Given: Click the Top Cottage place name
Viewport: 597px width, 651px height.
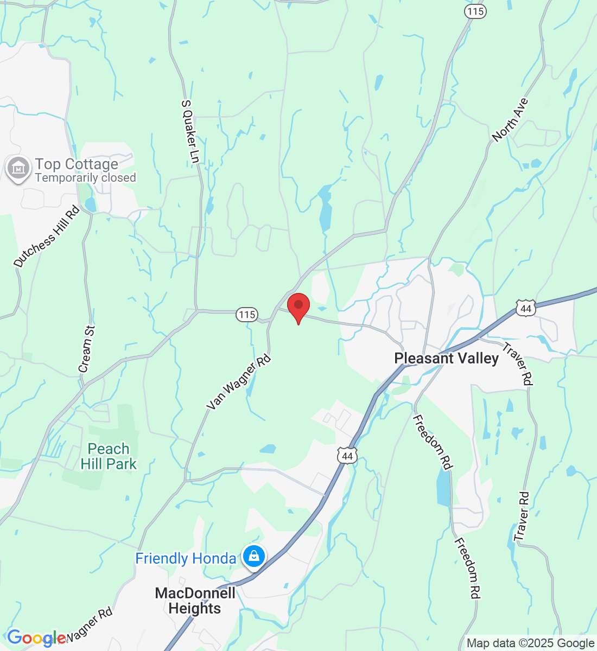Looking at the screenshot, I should tap(77, 164).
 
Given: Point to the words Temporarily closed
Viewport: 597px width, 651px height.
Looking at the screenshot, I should tap(85, 178).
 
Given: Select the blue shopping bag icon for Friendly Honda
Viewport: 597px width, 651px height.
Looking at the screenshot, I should tap(253, 556).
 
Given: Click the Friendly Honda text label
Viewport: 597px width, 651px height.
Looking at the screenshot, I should tap(185, 559).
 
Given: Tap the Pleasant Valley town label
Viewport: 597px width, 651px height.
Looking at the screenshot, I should tap(446, 359).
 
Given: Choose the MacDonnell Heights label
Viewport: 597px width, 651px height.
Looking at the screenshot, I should tap(195, 601).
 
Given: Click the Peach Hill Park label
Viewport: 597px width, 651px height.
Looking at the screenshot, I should tap(109, 456).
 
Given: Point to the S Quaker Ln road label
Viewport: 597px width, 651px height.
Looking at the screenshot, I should tap(190, 131).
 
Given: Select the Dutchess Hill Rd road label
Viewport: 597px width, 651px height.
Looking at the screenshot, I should tap(47, 236).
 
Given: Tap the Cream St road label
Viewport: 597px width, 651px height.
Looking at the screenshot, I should tap(87, 349).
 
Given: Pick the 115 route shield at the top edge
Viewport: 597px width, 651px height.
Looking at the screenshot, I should tap(475, 11).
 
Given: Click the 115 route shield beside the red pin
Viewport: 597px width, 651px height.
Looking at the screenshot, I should tap(247, 315).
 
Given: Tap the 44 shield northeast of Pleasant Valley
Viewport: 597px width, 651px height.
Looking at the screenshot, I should tap(525, 309).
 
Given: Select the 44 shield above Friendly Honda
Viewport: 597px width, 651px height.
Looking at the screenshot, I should tap(347, 456).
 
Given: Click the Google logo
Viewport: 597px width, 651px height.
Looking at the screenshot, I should tap(36, 638).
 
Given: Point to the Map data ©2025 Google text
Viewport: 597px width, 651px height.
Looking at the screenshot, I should tap(530, 643).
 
